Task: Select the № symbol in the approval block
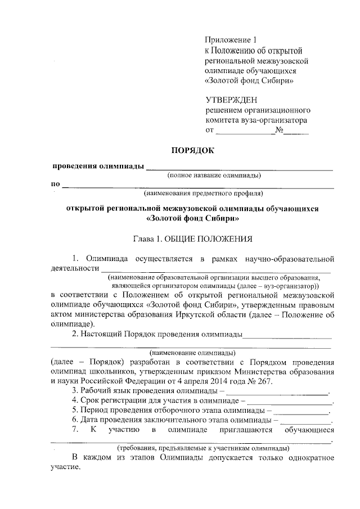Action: (x=279, y=131)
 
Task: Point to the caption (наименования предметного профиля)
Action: (x=203, y=193)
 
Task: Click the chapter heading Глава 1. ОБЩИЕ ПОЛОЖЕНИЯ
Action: (x=192, y=238)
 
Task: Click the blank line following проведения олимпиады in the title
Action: (x=239, y=168)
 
